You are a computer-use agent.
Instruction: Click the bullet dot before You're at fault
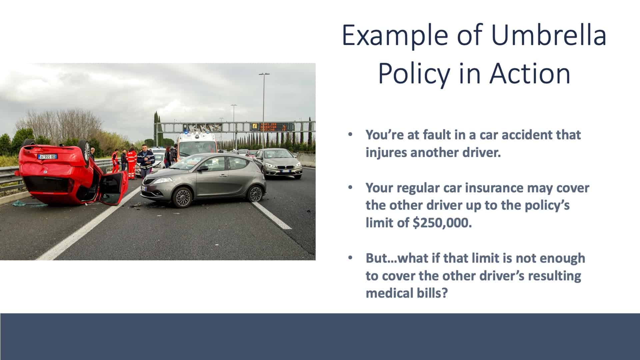pos(350,135)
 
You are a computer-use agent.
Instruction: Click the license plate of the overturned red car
pos(48,156)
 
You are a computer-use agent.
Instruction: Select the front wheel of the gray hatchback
pos(183,197)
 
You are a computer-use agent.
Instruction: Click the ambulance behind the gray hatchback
pos(197,144)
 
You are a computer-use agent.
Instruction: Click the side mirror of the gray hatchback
pos(202,169)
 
